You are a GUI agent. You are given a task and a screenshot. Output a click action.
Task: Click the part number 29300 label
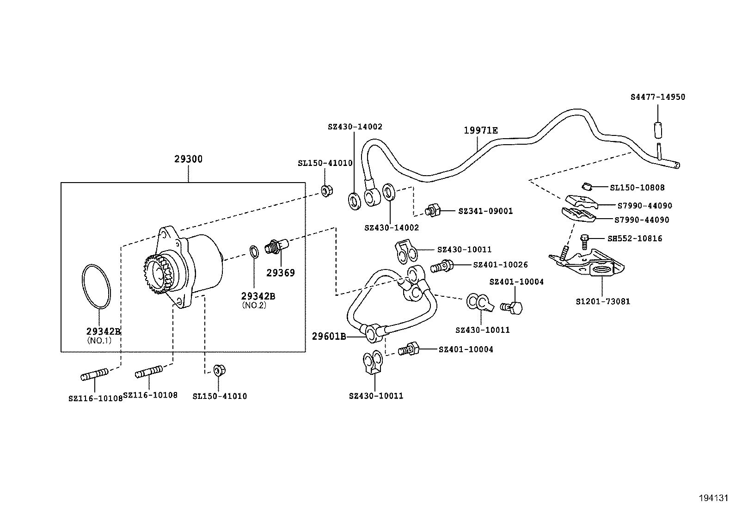188,159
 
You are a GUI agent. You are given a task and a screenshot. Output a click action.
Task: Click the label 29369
280,273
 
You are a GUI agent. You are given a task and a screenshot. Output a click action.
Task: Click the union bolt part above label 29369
276,245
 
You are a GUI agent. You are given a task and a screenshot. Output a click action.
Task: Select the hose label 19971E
481,131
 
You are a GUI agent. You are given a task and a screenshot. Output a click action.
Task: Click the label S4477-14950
657,97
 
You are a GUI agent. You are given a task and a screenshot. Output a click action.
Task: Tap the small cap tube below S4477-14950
657,130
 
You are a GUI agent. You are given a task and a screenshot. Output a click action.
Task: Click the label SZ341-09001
485,211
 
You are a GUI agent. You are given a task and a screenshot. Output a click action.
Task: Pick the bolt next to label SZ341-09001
433,210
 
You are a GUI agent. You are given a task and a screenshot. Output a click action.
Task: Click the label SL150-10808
637,188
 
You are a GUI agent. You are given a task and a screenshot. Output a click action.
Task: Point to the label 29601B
329,337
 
